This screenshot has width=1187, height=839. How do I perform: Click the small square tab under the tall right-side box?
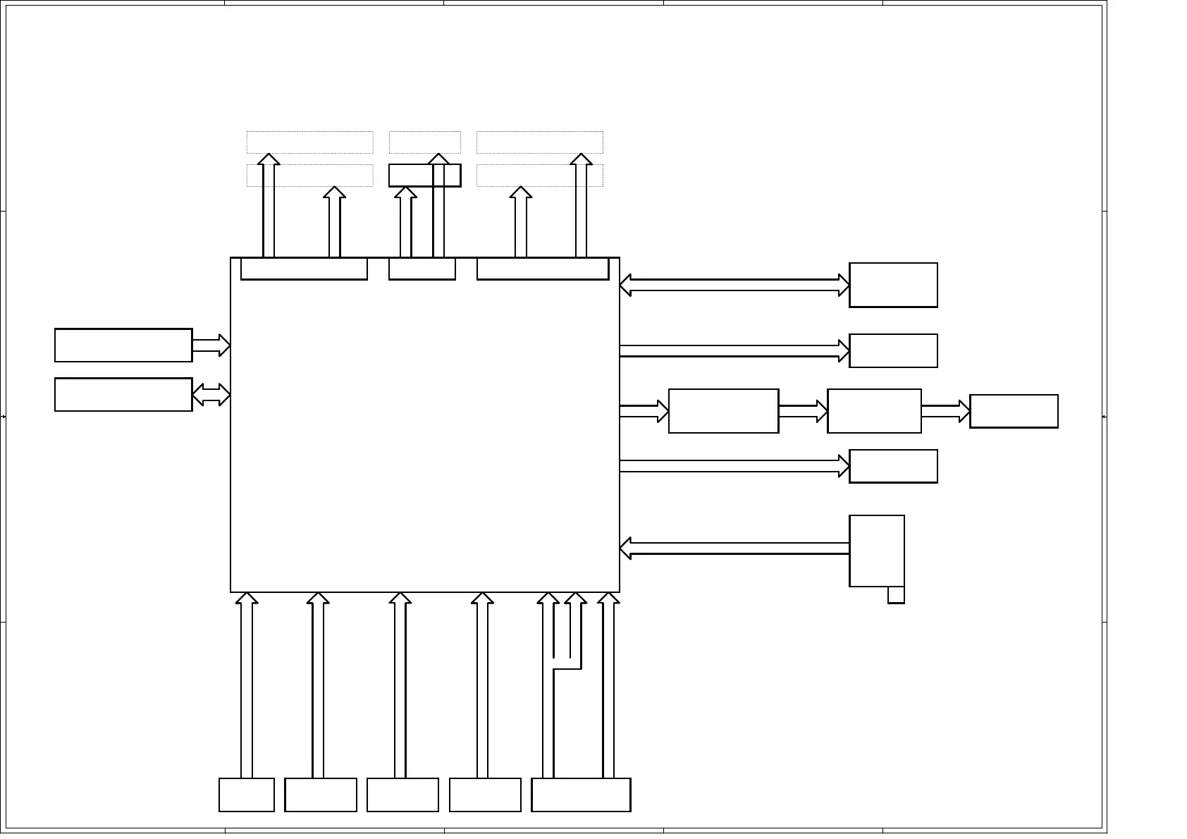[x=896, y=595]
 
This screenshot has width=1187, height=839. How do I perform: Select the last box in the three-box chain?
[x=1014, y=411]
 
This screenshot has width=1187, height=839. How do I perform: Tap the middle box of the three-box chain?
[x=874, y=411]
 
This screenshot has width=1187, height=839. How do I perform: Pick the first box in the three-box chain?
[x=723, y=411]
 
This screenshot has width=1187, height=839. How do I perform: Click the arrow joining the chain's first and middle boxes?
[x=803, y=411]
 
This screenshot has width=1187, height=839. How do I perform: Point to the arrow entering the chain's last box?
[x=945, y=411]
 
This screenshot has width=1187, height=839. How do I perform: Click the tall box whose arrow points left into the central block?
[x=877, y=551]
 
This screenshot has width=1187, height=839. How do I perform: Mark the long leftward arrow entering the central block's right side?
[x=733, y=549]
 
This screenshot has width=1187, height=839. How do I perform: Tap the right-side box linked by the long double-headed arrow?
[x=893, y=286]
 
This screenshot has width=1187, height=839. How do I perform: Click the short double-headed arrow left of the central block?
[x=211, y=395]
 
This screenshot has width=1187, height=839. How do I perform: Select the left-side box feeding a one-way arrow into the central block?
[x=123, y=345]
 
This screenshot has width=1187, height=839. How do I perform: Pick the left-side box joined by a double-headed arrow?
[x=123, y=395]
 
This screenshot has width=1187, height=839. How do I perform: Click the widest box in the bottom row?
[x=581, y=795]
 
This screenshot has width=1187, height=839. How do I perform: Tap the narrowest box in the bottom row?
[x=247, y=795]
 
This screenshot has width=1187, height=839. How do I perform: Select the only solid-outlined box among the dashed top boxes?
[x=424, y=176]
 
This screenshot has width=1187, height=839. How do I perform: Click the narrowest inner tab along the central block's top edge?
[x=422, y=269]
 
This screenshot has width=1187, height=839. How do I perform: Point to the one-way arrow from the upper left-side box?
[x=211, y=345]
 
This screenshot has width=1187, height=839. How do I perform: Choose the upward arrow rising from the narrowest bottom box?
[x=247, y=684]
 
